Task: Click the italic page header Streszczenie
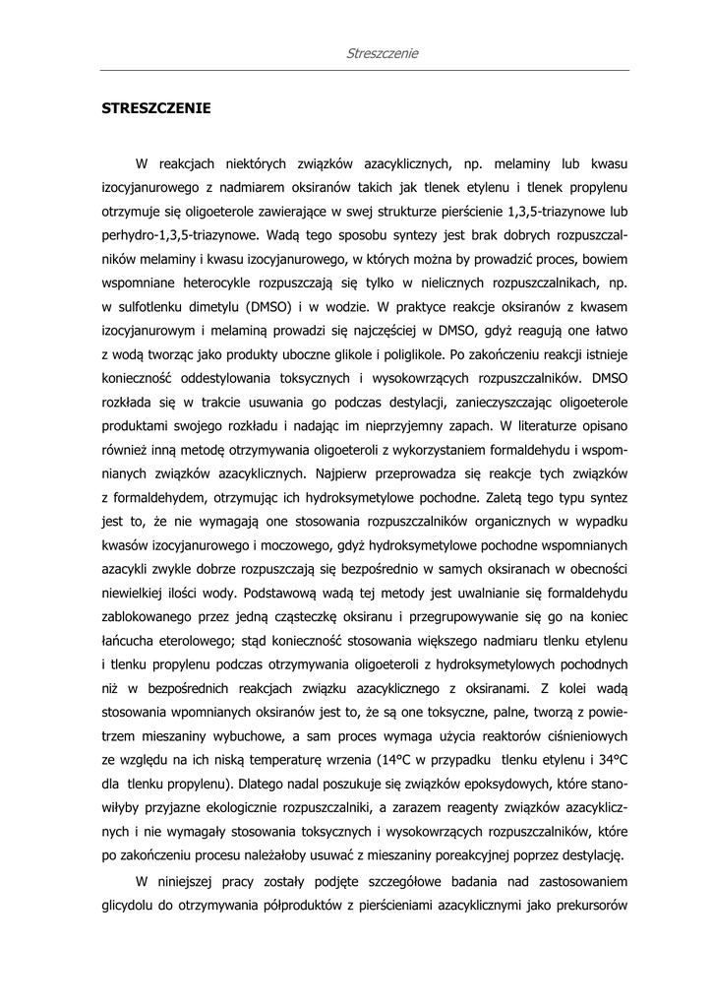[383, 53]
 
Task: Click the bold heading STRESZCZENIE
[156, 108]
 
